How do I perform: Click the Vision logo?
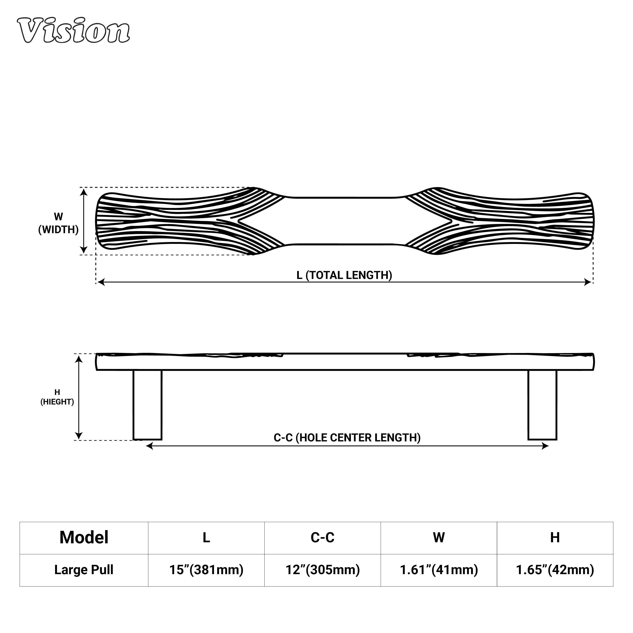tap(73, 30)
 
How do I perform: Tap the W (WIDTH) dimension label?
tap(58, 223)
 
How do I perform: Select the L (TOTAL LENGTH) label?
tap(344, 275)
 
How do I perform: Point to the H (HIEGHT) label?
tap(57, 397)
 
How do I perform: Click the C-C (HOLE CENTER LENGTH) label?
tap(347, 438)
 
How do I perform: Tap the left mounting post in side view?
tap(147, 405)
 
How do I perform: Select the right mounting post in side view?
tap(542, 405)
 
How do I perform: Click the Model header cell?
tap(84, 538)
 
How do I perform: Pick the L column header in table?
tap(206, 538)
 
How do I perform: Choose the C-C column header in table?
tap(322, 538)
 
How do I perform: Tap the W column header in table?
tap(439, 538)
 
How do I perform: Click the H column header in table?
tap(555, 538)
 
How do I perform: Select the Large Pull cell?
tap(84, 570)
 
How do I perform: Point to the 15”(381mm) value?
tap(206, 570)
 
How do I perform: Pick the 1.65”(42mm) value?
tap(555, 570)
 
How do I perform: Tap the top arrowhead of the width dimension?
tap(84, 192)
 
